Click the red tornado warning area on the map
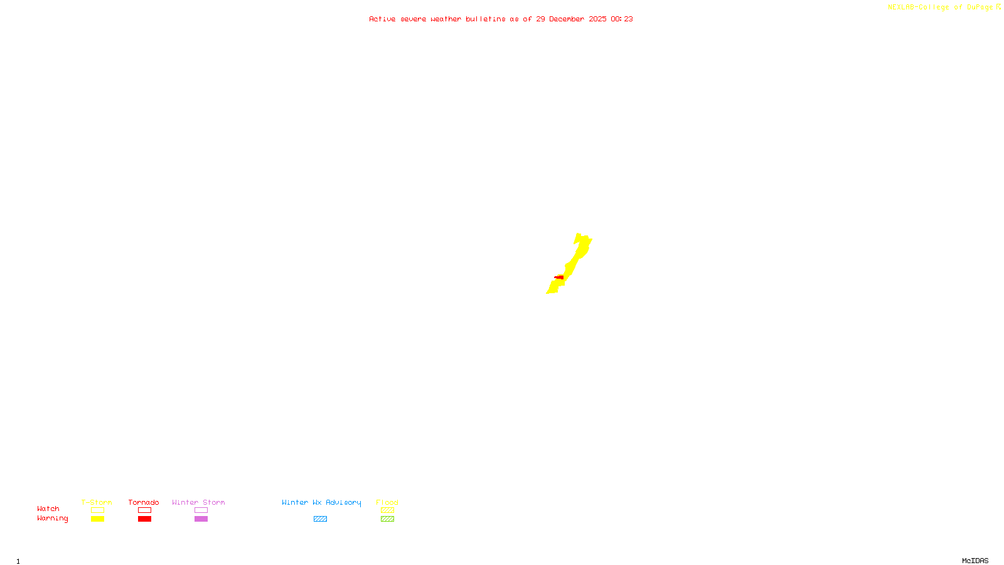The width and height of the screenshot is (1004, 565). (x=559, y=277)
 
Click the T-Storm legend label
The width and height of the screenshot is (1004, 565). (x=97, y=502)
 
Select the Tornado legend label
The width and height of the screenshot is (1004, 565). (x=144, y=502)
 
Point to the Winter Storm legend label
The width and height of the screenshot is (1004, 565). (x=198, y=502)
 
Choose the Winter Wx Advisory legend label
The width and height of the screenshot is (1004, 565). (x=321, y=502)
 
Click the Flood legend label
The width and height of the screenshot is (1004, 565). (x=387, y=502)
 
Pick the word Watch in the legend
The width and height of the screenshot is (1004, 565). (x=48, y=508)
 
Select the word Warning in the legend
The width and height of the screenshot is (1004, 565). (x=53, y=519)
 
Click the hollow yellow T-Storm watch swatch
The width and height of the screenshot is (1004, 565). (x=97, y=510)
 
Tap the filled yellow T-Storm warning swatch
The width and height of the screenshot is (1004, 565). (x=97, y=519)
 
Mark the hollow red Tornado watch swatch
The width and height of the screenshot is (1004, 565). (x=144, y=510)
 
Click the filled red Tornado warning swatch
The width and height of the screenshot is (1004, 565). (x=144, y=519)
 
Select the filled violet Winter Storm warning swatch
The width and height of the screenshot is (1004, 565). (x=201, y=519)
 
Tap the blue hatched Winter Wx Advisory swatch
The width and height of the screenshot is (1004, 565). (x=320, y=519)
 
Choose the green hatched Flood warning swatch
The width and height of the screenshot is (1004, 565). (x=387, y=519)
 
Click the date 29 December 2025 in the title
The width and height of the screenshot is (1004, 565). (x=571, y=19)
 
